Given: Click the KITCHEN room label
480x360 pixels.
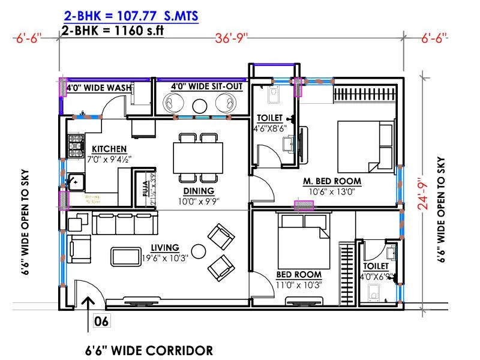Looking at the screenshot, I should [x=109, y=149].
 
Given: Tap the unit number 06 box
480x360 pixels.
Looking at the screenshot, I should [x=102, y=322].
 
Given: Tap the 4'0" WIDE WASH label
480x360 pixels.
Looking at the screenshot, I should [x=99, y=88].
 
